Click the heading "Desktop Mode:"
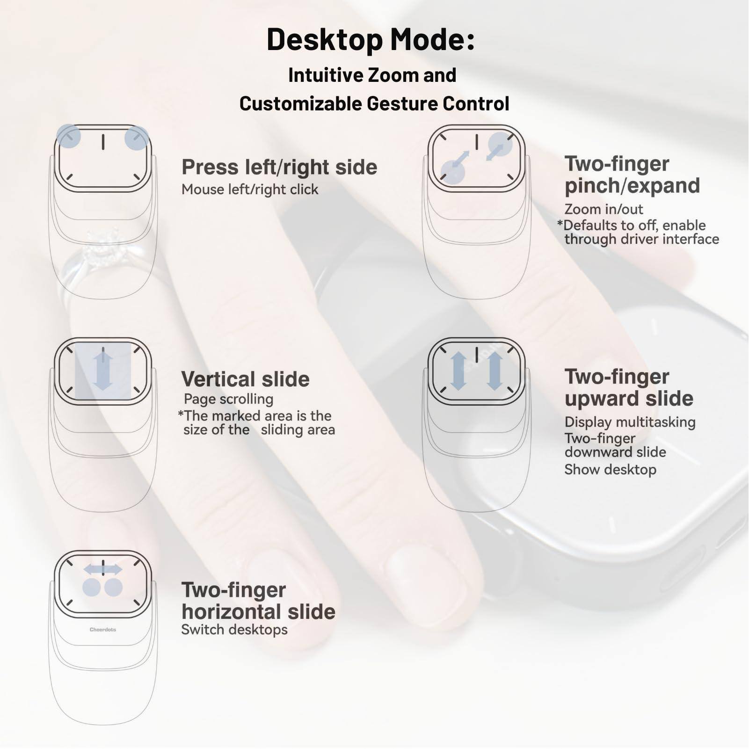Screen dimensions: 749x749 point(371,39)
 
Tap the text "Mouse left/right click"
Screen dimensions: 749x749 point(250,189)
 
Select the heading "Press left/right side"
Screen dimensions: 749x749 point(279,167)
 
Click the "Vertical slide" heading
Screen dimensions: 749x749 point(245,379)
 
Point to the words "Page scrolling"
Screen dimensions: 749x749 point(228,399)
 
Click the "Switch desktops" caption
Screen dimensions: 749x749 point(234,630)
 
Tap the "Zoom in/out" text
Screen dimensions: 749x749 point(604,209)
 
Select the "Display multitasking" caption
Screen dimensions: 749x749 point(630,422)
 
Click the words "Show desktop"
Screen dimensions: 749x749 point(610,470)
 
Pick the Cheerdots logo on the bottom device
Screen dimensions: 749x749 point(103,630)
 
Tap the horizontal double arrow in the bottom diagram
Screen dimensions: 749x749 point(103,569)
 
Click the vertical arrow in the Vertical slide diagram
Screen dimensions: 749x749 point(103,371)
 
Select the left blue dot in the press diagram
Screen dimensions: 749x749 point(68,136)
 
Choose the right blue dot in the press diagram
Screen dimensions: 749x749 point(137,138)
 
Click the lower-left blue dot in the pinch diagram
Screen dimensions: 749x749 point(452,172)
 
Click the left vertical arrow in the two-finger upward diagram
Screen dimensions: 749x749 point(458,371)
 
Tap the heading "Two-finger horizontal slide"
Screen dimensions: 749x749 point(258,601)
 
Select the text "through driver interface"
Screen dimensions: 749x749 point(641,239)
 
